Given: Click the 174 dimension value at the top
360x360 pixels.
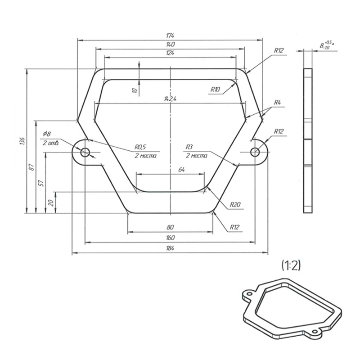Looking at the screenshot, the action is tap(170, 36).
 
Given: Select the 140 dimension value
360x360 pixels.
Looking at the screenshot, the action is tap(170, 44).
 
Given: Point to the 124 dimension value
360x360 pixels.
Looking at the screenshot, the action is tap(170, 53).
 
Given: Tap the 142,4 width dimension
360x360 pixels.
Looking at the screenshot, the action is tap(170, 99).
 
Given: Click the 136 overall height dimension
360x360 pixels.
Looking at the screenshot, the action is tap(22, 141).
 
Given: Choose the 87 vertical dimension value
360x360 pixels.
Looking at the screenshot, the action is tap(32, 167).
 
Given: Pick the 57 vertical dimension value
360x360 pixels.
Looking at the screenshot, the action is tap(41, 183).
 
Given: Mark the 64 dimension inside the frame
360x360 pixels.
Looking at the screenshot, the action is tap(181, 170).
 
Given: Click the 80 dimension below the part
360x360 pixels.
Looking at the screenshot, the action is tap(170, 227).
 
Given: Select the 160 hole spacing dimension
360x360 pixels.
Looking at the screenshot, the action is tap(170, 238).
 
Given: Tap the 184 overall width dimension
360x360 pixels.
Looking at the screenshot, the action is tap(170, 248).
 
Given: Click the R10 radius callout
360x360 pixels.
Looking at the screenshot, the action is tap(215, 90).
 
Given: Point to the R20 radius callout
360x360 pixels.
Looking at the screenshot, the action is tap(235, 204).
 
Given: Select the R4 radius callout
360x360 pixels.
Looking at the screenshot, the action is tap(277, 103).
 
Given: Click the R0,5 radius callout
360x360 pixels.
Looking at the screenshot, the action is tap(140, 147).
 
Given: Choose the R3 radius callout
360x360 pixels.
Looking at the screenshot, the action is tap(189, 147).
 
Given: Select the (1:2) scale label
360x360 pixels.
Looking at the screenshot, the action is tap(291, 265).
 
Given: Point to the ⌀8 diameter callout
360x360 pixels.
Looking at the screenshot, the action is tap(47, 134).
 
